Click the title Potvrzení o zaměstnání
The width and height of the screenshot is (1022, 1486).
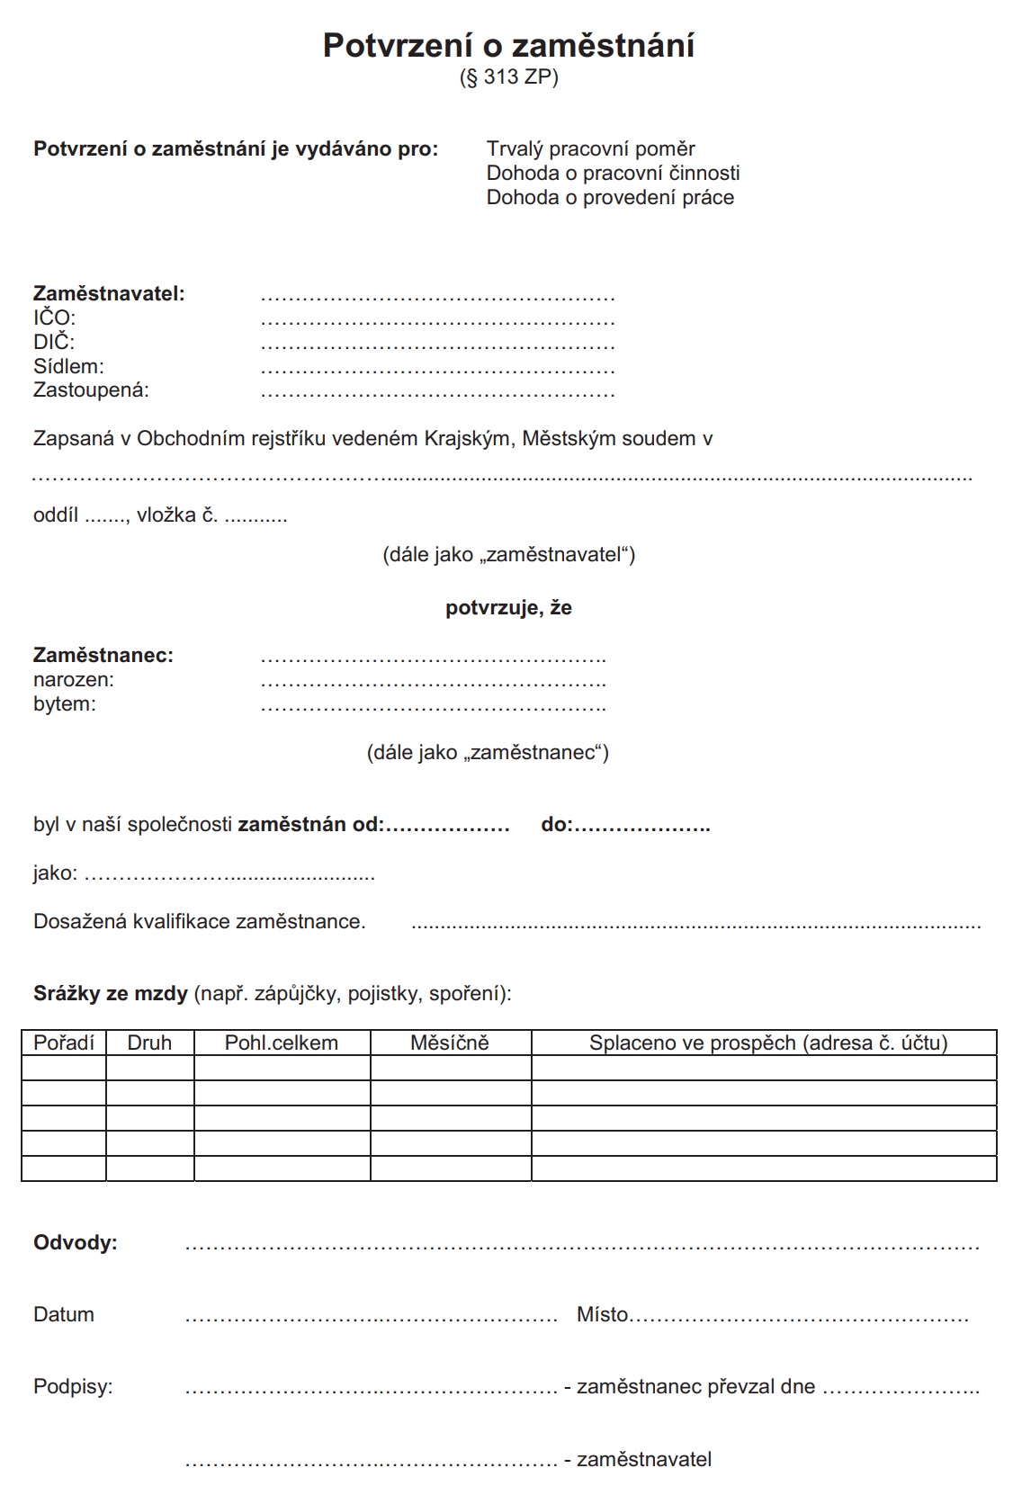click(x=508, y=46)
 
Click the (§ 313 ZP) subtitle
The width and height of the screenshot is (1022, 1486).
click(x=508, y=78)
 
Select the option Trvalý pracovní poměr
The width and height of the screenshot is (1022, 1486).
click(x=590, y=149)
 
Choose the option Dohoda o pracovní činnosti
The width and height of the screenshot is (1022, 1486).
click(x=613, y=173)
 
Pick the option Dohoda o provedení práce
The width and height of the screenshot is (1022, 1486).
click(x=610, y=198)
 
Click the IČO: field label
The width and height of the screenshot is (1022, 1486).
click(x=55, y=318)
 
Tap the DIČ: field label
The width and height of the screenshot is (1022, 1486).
click(x=54, y=342)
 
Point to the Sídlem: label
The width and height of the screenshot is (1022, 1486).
click(x=68, y=366)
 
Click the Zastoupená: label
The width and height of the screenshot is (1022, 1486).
click(x=91, y=390)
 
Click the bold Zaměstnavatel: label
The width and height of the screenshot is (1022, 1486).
click(x=109, y=293)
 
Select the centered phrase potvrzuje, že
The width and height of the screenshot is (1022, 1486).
click(x=508, y=608)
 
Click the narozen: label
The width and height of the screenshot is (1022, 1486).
click(x=74, y=680)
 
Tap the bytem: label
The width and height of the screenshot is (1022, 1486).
click(x=65, y=704)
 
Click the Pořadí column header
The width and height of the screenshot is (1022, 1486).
click(x=64, y=1043)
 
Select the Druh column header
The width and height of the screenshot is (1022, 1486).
click(x=149, y=1043)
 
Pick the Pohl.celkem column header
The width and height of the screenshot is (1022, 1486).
click(x=282, y=1043)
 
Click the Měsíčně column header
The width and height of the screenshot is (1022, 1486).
click(x=450, y=1043)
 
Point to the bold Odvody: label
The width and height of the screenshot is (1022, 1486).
click(x=76, y=1243)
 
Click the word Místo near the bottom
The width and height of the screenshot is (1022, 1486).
click(x=602, y=1315)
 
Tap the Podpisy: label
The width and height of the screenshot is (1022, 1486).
click(x=73, y=1387)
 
